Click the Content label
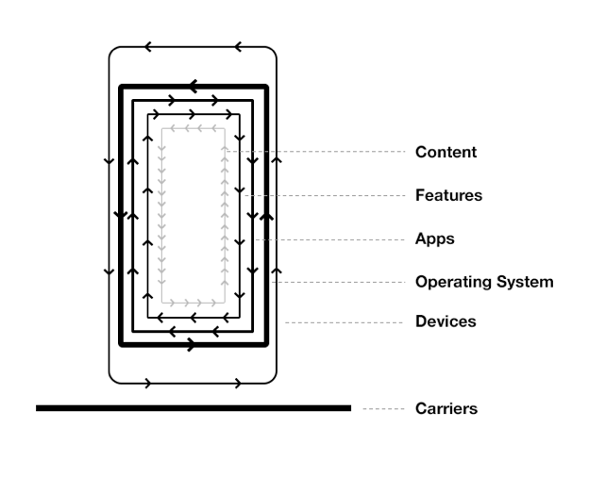pos(446,153)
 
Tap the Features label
pos(448,196)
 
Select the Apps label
pos(435,239)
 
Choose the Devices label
pos(446,322)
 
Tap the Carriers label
pos(446,409)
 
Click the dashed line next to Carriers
pos(383,409)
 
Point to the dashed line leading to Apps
pos(330,239)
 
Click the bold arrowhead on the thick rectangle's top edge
pos(194,87)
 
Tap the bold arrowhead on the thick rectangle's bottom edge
pos(192,345)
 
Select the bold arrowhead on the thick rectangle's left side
pos(121,216)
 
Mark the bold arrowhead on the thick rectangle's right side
pos(266,216)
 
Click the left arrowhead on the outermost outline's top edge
pos(148,47)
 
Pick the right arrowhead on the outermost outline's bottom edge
pos(238,383)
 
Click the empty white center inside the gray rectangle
pos(194,215)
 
